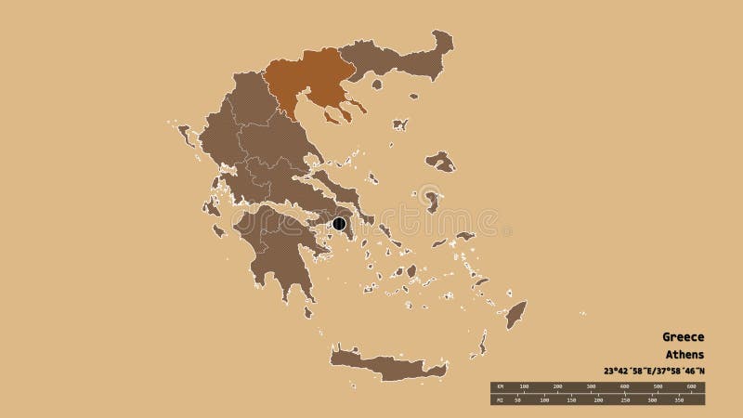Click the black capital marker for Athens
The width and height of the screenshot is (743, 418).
[x=339, y=223]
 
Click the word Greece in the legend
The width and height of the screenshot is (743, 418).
[x=683, y=336]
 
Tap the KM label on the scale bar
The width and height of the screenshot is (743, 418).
[x=499, y=385]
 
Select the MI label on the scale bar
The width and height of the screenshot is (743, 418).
[x=499, y=401]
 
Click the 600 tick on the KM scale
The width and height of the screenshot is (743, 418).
[x=689, y=385]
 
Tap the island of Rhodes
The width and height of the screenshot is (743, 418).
[x=516, y=313]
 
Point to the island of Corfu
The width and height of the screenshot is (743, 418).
[x=186, y=134]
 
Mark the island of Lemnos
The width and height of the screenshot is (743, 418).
[x=400, y=124]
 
